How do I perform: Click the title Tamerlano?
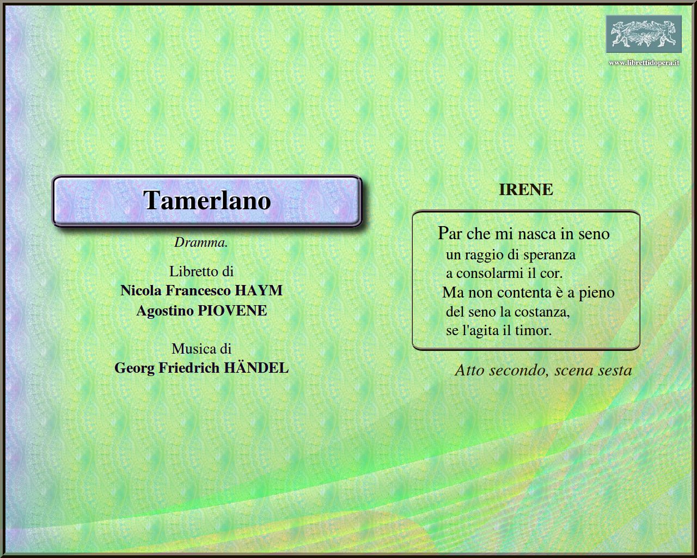(x=207, y=200)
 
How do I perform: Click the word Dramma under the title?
(x=200, y=243)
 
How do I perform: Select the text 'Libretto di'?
(x=201, y=271)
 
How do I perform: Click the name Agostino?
(x=164, y=311)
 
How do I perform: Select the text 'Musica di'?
(x=201, y=349)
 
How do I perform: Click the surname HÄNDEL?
(x=256, y=368)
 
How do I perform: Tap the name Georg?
(x=134, y=368)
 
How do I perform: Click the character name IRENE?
(x=525, y=190)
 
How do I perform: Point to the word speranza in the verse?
(x=548, y=254)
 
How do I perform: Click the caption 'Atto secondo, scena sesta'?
(x=543, y=371)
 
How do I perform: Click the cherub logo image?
(x=644, y=34)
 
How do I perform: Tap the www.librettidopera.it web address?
(x=644, y=63)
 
